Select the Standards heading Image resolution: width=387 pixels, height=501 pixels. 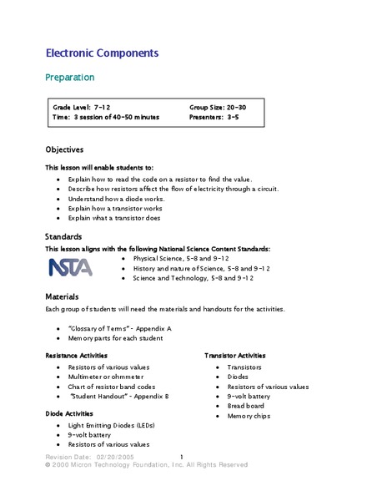(x=63, y=236)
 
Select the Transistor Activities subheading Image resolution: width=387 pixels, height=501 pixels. (x=242, y=356)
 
